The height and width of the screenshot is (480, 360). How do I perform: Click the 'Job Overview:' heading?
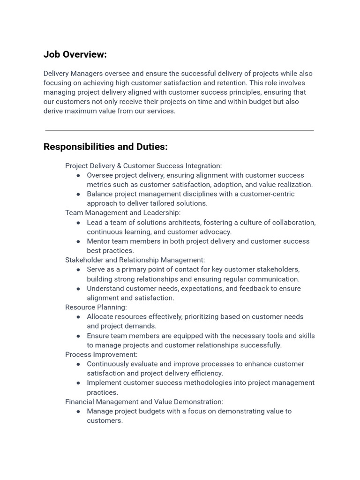pyautogui.click(x=75, y=54)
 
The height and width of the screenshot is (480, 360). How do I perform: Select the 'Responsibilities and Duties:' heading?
pyautogui.click(x=105, y=147)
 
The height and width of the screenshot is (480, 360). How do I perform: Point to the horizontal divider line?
pyautogui.click(x=180, y=130)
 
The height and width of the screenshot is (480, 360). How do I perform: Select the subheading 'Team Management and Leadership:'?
pyautogui.click(x=123, y=213)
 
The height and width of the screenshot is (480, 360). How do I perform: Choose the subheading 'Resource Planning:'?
pyautogui.click(x=96, y=307)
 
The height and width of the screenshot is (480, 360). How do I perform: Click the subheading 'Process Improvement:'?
pyautogui.click(x=101, y=354)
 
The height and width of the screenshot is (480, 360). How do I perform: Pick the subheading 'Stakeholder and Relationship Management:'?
pyautogui.click(x=135, y=260)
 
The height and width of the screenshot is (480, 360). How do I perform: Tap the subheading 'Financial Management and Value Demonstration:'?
pyautogui.click(x=144, y=402)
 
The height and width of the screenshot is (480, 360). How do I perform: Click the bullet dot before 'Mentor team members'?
pyautogui.click(x=78, y=241)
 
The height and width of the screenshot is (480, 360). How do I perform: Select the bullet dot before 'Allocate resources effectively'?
pyautogui.click(x=78, y=317)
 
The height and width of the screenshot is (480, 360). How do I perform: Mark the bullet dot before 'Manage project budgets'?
pyautogui.click(x=78, y=411)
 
